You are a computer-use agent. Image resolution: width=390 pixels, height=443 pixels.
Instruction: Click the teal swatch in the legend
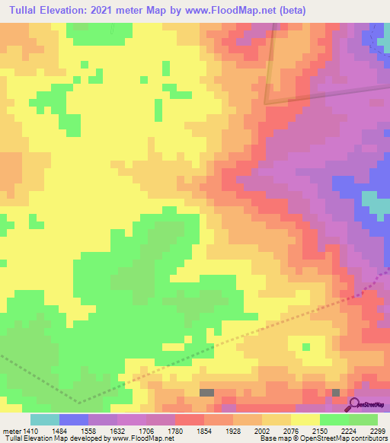click(45, 419)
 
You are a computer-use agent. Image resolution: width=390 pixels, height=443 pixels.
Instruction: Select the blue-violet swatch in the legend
click(74, 419)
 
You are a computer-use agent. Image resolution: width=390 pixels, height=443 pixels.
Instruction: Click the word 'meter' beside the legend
click(10, 430)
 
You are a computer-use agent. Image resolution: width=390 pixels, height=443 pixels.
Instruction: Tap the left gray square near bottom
click(206, 392)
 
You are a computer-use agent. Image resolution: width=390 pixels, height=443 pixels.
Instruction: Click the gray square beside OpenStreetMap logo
click(336, 392)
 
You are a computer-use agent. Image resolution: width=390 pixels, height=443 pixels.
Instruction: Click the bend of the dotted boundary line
click(78, 402)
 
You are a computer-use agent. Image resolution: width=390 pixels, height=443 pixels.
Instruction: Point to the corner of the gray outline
click(266, 103)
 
